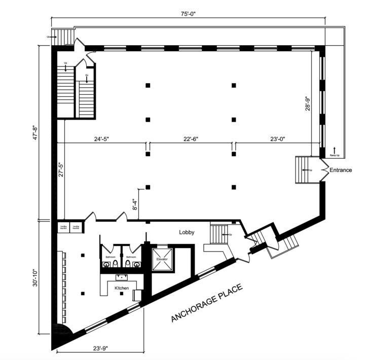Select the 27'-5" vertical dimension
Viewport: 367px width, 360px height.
pos(61,166)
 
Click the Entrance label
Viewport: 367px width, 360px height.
pos(340,170)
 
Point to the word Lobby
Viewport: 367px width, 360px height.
pos(187,232)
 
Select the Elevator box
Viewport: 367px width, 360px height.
pos(161,259)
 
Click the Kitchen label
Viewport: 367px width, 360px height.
pos(122,287)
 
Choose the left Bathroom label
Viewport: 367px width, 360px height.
pos(111,257)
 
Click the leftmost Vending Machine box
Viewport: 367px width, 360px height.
pos(63,227)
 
